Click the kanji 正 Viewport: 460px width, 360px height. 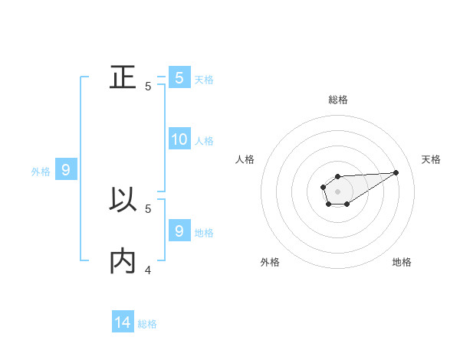(123, 78)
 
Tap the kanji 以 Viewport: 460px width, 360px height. (123, 201)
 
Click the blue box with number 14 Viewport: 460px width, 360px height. (123, 322)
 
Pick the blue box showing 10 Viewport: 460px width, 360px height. (179, 139)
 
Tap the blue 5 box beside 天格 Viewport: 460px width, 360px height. (179, 77)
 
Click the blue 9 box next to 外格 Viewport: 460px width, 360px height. (66, 170)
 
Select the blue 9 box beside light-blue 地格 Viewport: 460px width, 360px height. (179, 231)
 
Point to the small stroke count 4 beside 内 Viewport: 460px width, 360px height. (148, 270)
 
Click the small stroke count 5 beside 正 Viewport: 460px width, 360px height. (148, 87)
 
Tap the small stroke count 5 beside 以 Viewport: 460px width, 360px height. (148, 208)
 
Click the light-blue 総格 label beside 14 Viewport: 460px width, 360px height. (147, 324)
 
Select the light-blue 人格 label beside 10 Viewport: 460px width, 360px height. (204, 141)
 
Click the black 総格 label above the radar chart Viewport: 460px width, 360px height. (338, 100)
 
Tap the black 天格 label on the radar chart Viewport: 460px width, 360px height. (431, 159)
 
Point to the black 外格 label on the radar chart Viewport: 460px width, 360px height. (270, 262)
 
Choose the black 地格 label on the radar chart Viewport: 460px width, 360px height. (402, 262)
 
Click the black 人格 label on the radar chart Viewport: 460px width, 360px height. (245, 159)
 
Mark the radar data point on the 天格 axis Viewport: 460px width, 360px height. (396, 172)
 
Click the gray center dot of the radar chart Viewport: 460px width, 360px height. (337, 191)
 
